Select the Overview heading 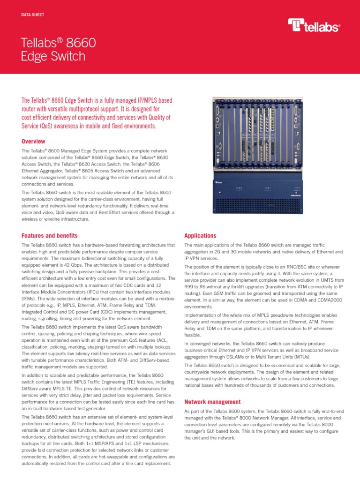click(34, 141)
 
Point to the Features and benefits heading click(50, 235)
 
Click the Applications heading click(200, 235)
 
